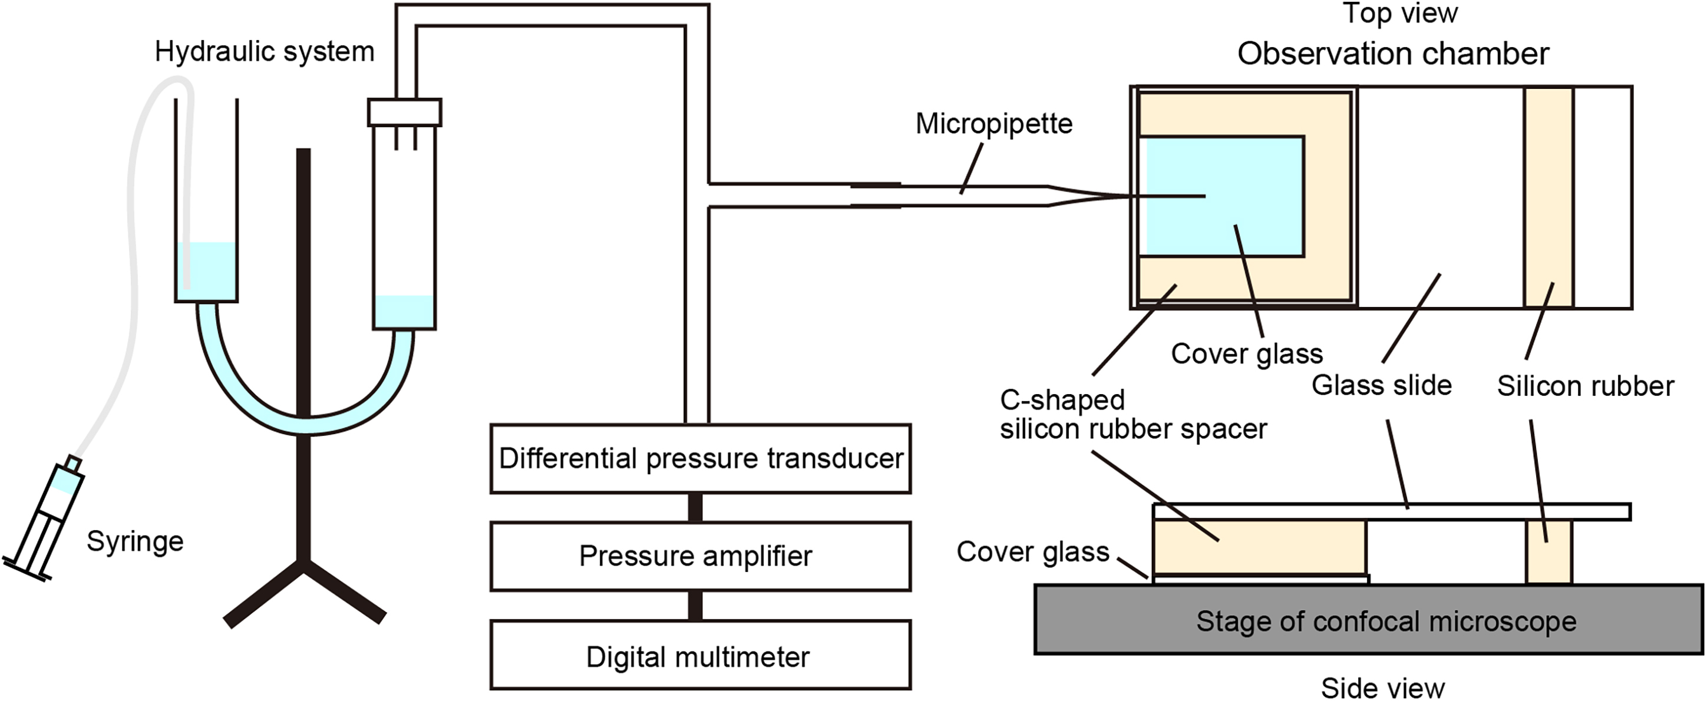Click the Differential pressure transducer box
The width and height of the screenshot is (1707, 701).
click(x=701, y=458)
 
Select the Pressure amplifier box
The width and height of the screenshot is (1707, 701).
click(x=701, y=556)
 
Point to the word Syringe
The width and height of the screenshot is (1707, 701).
click(x=135, y=541)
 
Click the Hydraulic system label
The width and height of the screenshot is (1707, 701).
click(x=265, y=52)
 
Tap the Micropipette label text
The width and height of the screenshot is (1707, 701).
click(x=994, y=124)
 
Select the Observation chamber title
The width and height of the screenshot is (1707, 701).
click(x=1393, y=54)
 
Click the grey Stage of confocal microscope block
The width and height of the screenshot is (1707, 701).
click(x=1369, y=620)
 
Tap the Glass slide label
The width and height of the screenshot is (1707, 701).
click(x=1382, y=385)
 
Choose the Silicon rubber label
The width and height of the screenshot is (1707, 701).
click(x=1586, y=386)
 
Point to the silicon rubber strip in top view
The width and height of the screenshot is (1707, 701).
click(x=1548, y=197)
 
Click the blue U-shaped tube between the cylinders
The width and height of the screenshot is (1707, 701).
click(x=305, y=424)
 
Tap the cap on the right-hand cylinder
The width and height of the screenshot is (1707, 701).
click(x=404, y=113)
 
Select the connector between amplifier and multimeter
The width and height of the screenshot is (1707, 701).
click(x=695, y=606)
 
